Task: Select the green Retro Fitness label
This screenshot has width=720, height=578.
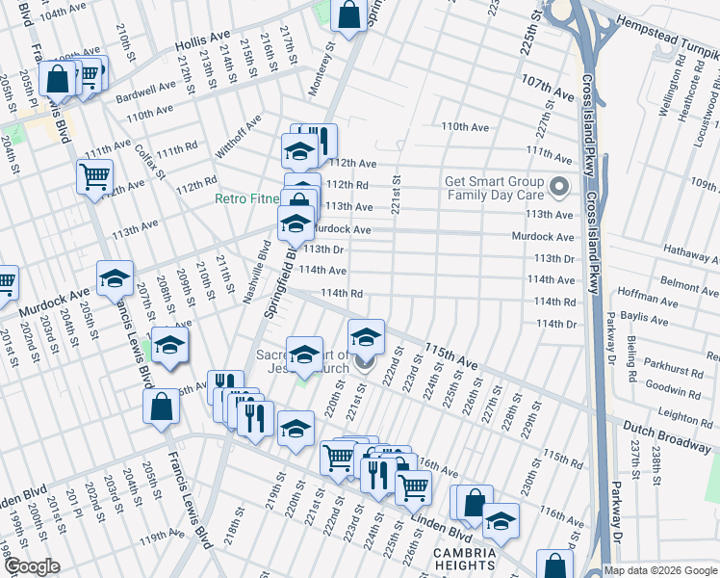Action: click(x=247, y=199)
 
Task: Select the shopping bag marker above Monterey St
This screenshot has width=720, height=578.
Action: click(x=348, y=14)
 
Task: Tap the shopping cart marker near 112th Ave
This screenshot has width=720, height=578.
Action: click(x=94, y=176)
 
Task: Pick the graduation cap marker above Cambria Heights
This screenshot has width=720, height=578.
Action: click(x=501, y=521)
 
